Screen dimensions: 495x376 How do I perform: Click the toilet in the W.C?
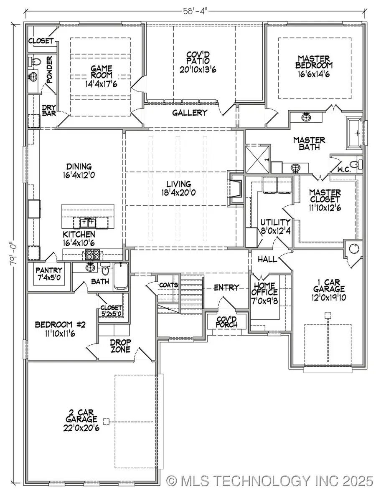pyautogui.click(x=356, y=164)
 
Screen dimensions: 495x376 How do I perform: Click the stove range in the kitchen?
pyautogui.click(x=92, y=253)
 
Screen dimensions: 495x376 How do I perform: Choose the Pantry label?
pyautogui.click(x=48, y=270)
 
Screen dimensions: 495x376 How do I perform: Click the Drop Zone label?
pyautogui.click(x=121, y=346)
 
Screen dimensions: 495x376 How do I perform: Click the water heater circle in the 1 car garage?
pyautogui.click(x=354, y=249)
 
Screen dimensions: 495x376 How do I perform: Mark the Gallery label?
pyautogui.click(x=190, y=113)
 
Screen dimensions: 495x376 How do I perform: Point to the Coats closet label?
pyautogui.click(x=169, y=285)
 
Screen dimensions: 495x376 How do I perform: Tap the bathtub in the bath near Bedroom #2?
pyautogui.click(x=121, y=275)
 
